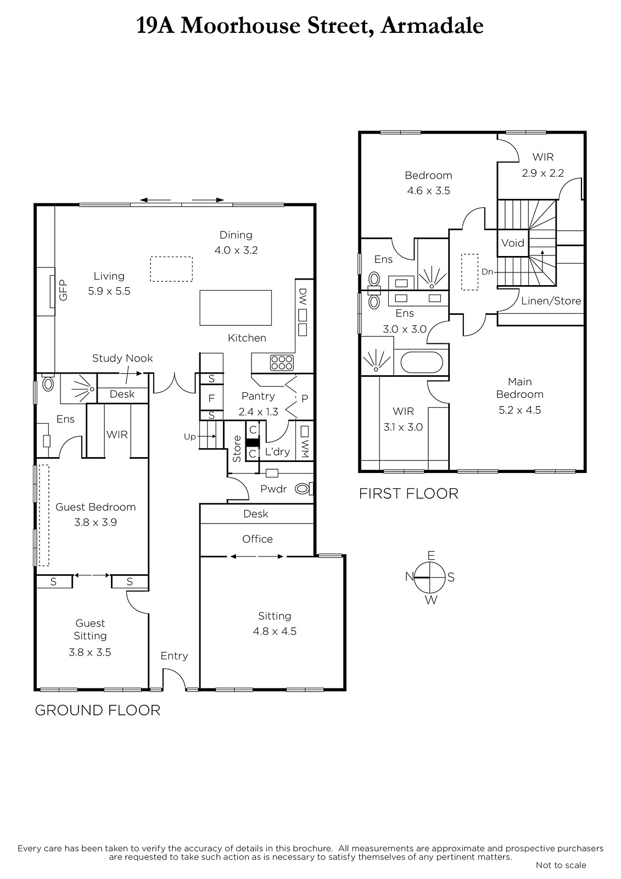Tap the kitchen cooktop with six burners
tap(282, 363)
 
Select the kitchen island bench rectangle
tap(236, 308)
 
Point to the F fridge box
tap(211, 398)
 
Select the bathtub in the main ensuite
tap(421, 362)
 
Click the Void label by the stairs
tap(513, 243)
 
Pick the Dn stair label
tap(487, 271)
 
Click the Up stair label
tap(190, 437)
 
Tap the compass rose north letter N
tap(410, 576)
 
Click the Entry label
tap(174, 656)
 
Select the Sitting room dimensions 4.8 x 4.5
tap(275, 631)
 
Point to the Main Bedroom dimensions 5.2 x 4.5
tap(520, 410)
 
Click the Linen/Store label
tap(551, 301)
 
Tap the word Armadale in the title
tap(432, 26)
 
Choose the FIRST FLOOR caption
tap(409, 494)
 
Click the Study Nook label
tap(122, 358)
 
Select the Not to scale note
tap(561, 865)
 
